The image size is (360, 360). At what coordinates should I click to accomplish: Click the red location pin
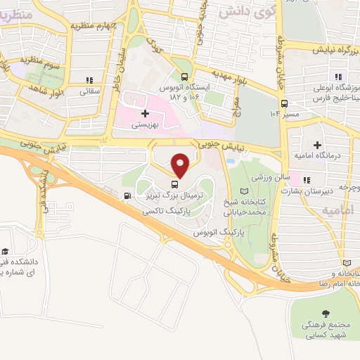181,165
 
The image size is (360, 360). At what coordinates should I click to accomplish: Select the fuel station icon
127,197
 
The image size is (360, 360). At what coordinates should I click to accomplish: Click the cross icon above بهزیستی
146,112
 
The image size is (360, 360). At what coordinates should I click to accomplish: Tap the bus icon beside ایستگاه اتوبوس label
184,77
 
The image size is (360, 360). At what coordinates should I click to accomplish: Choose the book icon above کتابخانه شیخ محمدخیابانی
245,191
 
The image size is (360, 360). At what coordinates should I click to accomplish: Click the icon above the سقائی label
89,80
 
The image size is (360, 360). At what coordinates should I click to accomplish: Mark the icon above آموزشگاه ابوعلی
338,77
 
